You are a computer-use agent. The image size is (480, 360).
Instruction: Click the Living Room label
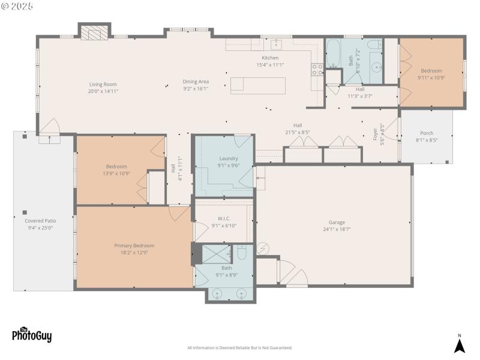coord(103,85)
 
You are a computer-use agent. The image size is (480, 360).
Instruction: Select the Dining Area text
coord(196,82)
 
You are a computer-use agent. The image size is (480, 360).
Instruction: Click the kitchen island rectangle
coord(257,85)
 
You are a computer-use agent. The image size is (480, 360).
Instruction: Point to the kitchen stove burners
coord(317,69)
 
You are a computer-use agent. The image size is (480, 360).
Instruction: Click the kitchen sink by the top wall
coord(276,44)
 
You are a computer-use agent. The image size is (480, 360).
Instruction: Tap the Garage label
coord(336,222)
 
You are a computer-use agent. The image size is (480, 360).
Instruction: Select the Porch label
coord(426,133)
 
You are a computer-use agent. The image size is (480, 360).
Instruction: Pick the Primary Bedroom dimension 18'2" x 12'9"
coord(134,253)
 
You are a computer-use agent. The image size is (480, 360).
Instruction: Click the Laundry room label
coord(228,158)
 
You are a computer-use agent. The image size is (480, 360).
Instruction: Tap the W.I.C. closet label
coord(224,218)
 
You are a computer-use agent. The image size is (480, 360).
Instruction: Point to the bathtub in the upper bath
coord(334,61)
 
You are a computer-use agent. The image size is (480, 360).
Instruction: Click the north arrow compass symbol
coord(459,345)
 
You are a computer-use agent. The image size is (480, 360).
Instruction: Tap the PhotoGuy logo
coord(31,334)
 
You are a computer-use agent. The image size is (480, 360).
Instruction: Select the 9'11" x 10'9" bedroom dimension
coord(431,77)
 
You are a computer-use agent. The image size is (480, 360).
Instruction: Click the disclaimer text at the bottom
coord(239,348)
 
